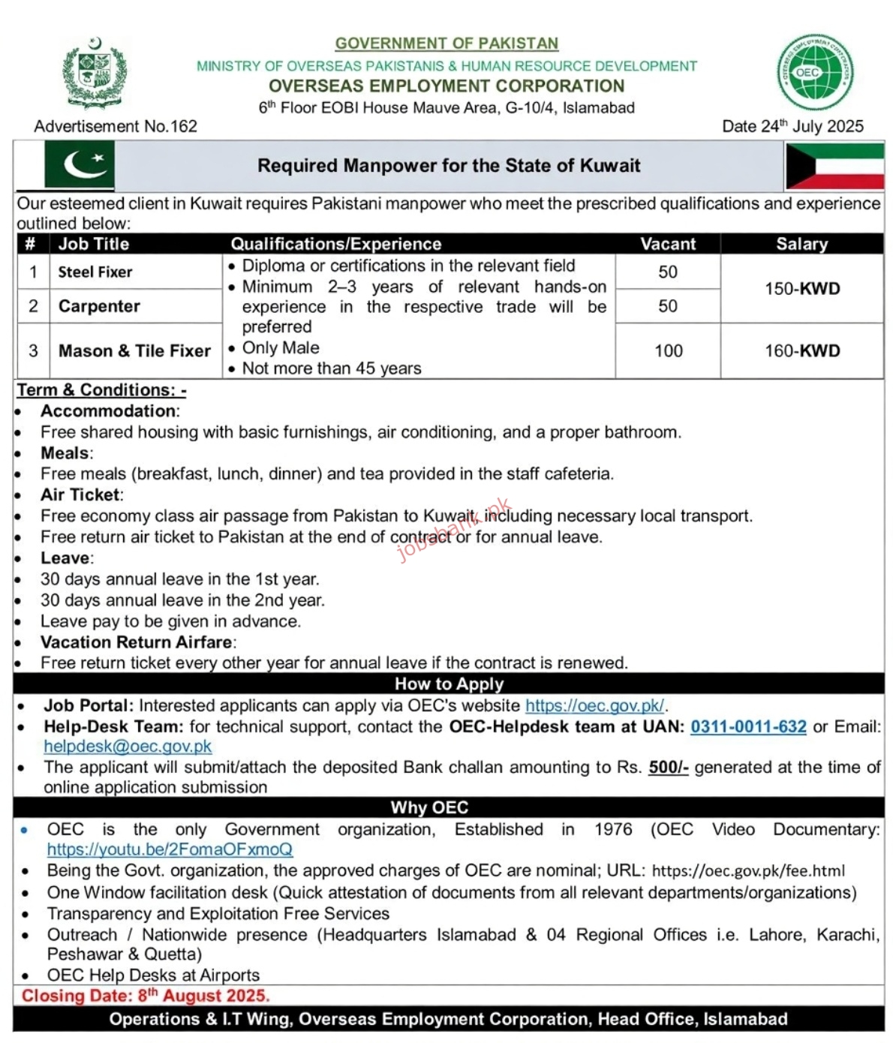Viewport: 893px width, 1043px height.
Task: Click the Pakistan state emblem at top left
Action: [x=94, y=74]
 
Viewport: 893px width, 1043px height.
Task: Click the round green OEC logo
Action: [x=815, y=73]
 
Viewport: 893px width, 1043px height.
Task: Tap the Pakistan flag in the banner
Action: [x=79, y=165]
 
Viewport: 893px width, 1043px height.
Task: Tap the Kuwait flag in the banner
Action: [x=834, y=166]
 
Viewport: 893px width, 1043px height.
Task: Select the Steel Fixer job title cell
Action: [x=95, y=272]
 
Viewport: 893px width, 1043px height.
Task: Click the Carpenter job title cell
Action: [x=99, y=306]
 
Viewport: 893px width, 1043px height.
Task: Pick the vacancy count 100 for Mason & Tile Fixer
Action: [x=668, y=350]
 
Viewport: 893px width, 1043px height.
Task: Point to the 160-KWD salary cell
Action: [x=801, y=350]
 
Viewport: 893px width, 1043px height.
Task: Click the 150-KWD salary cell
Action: [x=801, y=289]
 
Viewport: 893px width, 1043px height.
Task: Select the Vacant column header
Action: [x=668, y=244]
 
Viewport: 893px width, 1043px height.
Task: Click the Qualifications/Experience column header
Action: [x=335, y=244]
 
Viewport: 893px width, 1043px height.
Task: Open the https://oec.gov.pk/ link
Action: [x=594, y=705]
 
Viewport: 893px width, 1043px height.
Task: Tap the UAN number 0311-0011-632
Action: [x=748, y=726]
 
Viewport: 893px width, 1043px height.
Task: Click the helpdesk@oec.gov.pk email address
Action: [x=128, y=747]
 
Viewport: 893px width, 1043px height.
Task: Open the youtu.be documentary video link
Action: [x=170, y=849]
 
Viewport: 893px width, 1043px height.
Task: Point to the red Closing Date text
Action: [x=146, y=996]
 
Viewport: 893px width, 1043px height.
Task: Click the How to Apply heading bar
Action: [x=449, y=684]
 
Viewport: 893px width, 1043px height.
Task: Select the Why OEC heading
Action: [x=429, y=807]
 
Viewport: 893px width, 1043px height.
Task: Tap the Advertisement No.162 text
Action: [x=116, y=126]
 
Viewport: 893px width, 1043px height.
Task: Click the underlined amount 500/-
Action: [x=668, y=767]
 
